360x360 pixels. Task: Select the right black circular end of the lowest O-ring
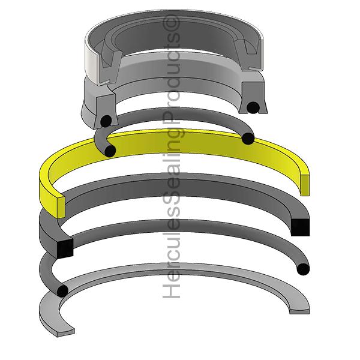click(304, 268)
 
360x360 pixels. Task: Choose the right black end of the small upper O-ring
click(247, 139)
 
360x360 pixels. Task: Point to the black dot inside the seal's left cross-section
click(105, 120)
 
